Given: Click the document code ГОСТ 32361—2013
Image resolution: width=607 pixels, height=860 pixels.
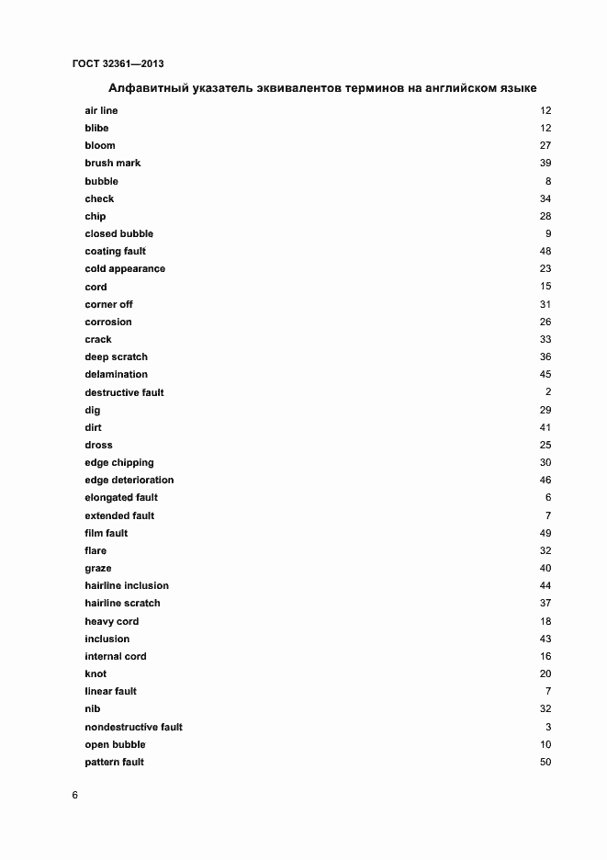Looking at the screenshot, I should [118, 63].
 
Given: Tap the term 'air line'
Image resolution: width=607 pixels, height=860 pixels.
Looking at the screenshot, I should [101, 110].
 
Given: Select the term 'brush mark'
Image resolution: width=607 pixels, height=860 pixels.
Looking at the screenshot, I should [112, 163].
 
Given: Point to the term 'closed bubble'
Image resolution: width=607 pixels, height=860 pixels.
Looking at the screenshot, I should [118, 233].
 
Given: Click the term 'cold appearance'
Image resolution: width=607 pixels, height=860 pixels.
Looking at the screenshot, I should [125, 268].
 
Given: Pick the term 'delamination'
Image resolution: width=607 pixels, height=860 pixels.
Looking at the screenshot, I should [116, 374].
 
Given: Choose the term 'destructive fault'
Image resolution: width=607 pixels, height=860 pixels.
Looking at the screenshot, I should [124, 392].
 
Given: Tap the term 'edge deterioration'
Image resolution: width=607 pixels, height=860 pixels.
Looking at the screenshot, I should [129, 480].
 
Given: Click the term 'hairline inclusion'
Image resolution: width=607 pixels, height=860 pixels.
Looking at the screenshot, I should [127, 585].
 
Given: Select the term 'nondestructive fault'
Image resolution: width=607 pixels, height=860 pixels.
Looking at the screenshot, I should [133, 727].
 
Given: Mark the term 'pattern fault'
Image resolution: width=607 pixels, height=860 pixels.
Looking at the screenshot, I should [114, 762].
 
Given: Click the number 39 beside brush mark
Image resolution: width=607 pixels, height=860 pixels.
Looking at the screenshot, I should [545, 163].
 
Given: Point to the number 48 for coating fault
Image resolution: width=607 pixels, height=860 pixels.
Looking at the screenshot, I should [545, 251].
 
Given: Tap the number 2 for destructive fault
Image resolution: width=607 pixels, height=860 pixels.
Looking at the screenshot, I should [547, 392].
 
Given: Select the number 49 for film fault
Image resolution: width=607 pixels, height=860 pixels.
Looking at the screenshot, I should [545, 533].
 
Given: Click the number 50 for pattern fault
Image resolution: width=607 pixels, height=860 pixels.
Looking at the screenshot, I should [545, 762].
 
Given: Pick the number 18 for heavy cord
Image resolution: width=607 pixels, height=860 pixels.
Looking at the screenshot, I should [545, 621].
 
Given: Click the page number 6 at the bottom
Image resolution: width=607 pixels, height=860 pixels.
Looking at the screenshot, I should [75, 796].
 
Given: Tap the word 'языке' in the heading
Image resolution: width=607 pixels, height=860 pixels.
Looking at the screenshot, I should [516, 88].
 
